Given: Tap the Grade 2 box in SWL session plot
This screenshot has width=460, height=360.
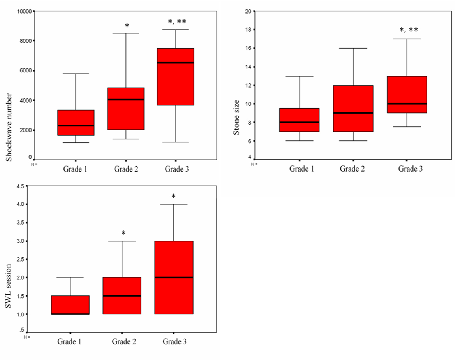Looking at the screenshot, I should (122, 296).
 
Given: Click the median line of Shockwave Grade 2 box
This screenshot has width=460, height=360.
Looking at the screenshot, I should (125, 100).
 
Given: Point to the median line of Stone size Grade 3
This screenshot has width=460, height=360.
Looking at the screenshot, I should (407, 104).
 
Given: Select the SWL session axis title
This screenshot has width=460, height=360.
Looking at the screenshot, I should (9, 286).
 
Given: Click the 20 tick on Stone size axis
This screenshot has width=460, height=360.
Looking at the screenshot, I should (247, 11).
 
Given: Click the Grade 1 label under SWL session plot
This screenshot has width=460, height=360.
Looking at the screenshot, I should (69, 342).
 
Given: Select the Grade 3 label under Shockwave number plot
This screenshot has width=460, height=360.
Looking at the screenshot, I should (177, 169).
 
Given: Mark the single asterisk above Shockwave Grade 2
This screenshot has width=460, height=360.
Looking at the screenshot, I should (127, 26).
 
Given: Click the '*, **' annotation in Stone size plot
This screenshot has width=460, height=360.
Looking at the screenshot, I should (409, 30).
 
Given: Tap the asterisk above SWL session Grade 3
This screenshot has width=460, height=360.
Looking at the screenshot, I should (173, 196).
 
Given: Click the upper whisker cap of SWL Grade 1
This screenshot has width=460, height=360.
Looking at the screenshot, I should (70, 277).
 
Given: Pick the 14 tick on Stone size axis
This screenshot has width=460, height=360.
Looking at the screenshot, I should (247, 67).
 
